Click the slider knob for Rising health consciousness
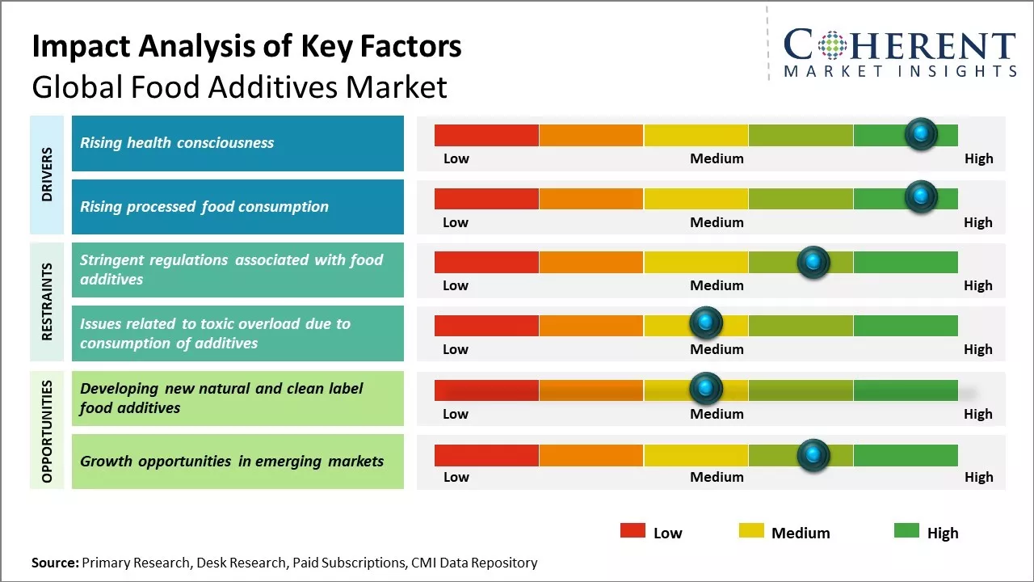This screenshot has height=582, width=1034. pos(920,133)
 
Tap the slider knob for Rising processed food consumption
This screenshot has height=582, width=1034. pos(920,196)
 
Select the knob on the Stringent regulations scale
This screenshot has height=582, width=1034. pos(813,262)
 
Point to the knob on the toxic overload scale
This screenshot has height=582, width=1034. pos(706,323)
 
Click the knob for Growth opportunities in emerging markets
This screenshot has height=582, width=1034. pos(813,455)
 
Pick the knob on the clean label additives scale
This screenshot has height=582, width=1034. pos(706,388)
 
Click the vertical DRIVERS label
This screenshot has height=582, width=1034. pos(47,174)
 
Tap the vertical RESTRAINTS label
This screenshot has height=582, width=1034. pos(47,302)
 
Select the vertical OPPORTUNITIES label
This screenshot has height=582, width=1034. pos(47,431)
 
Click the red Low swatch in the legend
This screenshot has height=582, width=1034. pos(633,530)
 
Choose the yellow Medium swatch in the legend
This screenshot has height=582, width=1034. pos(751,530)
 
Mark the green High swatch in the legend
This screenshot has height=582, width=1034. pos(906,530)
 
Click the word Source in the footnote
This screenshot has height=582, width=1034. pos(55,563)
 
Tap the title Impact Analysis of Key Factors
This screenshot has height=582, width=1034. pos(246,46)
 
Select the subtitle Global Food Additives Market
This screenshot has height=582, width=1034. pos(239,86)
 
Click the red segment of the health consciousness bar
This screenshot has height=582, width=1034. pos(486,135)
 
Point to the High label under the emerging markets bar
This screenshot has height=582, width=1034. pos(978,477)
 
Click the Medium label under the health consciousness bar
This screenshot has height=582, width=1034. pos(717,158)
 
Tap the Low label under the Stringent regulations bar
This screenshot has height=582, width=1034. pos(456,285)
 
